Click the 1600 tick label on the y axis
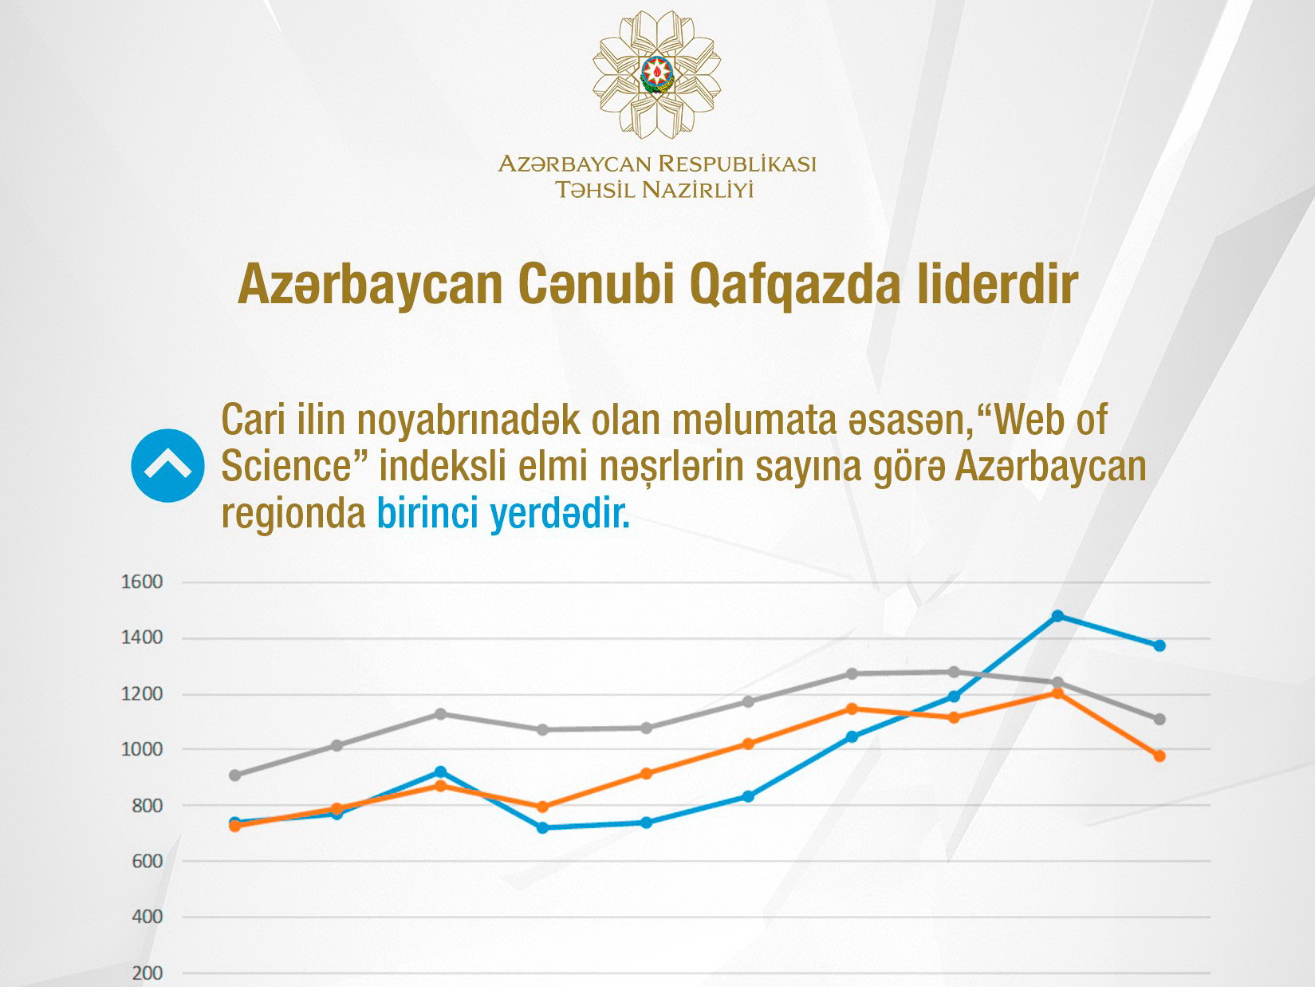(x=142, y=582)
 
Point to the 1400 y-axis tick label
(x=142, y=638)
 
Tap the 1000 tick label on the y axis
(x=142, y=750)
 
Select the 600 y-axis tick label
(x=147, y=861)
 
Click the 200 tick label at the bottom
(x=147, y=973)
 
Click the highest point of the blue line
(x=1057, y=616)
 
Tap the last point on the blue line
(x=1159, y=645)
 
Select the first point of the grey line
(x=234, y=776)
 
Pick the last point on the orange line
(x=1159, y=756)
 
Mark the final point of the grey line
(x=1159, y=719)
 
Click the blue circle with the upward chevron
(x=167, y=466)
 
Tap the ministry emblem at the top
(x=656, y=74)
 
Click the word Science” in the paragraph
(x=295, y=466)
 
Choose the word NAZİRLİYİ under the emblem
(x=697, y=190)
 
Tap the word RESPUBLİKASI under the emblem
(x=737, y=164)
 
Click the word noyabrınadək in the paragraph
(x=469, y=421)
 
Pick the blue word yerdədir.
(x=560, y=514)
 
